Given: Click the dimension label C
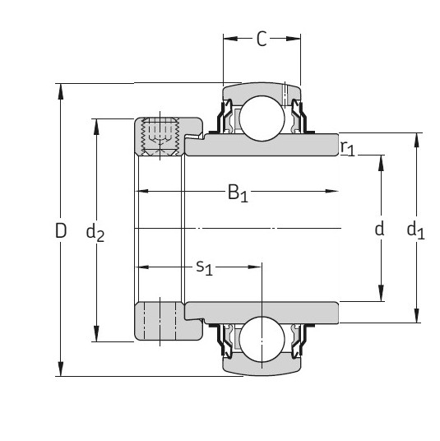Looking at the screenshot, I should (x=261, y=39).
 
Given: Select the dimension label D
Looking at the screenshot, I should (x=60, y=231).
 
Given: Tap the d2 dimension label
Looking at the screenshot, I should (x=95, y=234).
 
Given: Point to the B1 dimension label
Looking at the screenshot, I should (x=238, y=193).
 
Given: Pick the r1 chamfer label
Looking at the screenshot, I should (x=348, y=149).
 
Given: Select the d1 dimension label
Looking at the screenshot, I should (x=415, y=231).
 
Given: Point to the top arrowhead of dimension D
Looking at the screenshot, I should (x=60, y=90).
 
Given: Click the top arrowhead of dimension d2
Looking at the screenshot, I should (x=97, y=125).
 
